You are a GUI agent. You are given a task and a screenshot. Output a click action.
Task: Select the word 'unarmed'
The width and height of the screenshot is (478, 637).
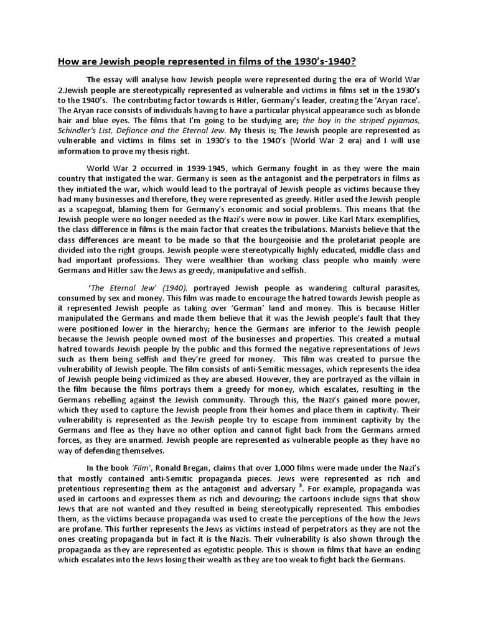coord(147,440)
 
